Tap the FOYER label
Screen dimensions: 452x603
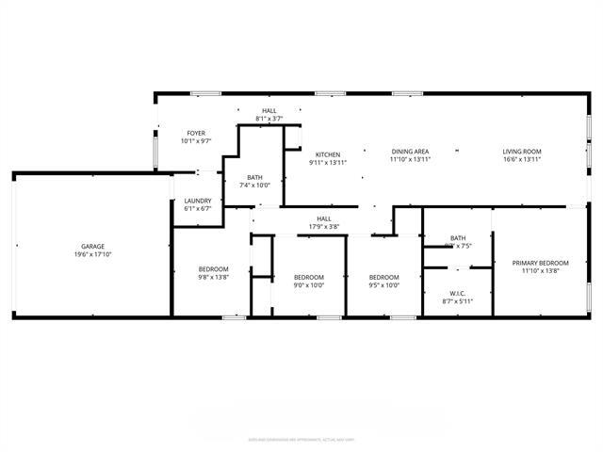196,134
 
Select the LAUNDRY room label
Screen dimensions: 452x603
197,201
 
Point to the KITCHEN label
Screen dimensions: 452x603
328,154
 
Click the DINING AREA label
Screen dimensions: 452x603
410,152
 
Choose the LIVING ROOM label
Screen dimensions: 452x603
521,152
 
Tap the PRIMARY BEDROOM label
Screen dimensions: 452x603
540,263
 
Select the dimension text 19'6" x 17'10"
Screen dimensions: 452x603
92,255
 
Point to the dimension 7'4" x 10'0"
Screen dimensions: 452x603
254,185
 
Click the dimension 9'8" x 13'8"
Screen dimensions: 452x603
212,277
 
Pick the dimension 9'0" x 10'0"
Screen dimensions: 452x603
309,284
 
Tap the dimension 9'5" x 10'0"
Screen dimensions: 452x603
384,284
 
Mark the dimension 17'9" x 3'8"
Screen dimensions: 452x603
324,227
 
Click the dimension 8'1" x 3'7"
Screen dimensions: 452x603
269,119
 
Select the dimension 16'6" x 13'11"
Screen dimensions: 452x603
521,160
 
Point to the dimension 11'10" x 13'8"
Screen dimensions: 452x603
540,271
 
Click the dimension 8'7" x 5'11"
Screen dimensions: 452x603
458,301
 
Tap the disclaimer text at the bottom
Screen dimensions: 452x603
301,439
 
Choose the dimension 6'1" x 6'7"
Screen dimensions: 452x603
197,208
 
